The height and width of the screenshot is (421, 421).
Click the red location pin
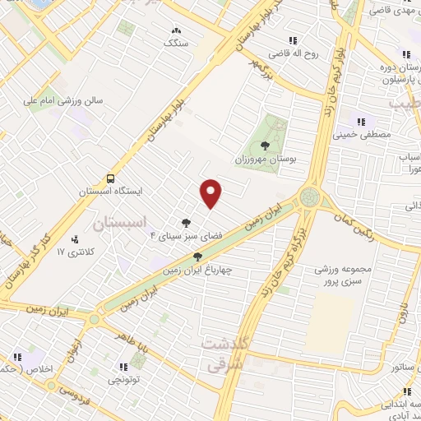211,192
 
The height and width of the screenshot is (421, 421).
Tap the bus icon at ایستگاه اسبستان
109,178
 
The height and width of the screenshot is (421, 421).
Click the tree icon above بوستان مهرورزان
264,145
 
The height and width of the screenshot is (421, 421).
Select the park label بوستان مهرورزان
264,159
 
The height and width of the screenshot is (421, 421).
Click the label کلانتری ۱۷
72,251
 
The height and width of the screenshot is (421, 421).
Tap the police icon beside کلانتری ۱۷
76,238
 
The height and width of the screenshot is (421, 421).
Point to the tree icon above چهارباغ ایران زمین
197,256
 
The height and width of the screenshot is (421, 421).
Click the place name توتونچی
123,381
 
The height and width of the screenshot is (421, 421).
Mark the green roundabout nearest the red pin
310,197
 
